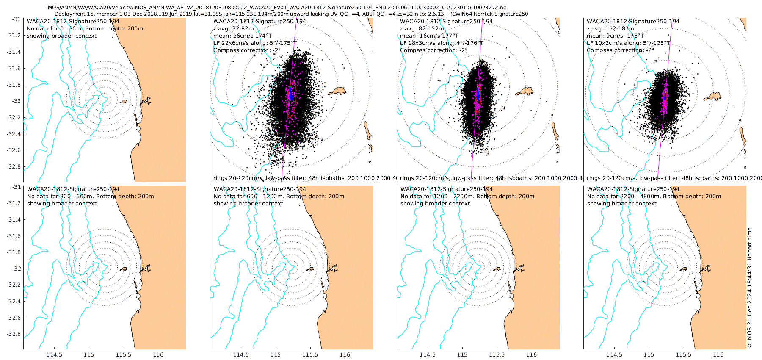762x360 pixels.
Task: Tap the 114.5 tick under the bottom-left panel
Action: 54,354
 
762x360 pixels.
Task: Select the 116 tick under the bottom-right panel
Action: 718,354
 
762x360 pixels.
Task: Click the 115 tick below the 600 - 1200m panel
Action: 276,354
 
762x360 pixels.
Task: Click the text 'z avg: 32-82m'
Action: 233,28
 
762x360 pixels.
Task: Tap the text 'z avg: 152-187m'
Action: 610,28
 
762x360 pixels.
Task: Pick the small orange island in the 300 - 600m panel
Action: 124,269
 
